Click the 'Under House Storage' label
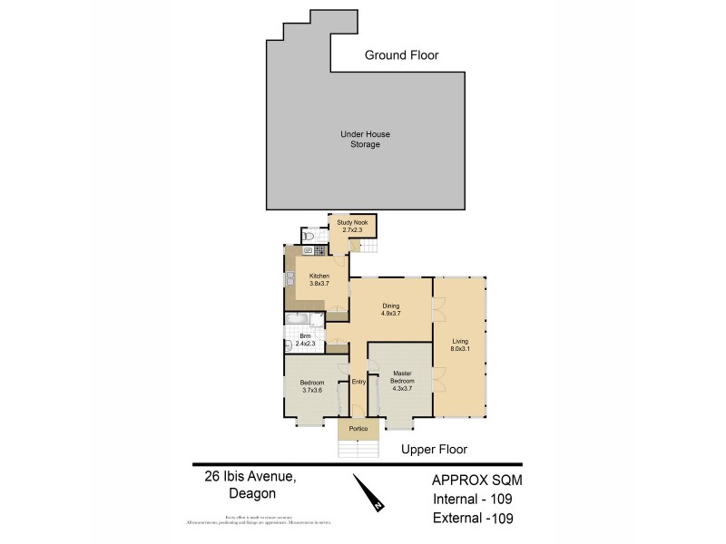pyautogui.click(x=359, y=140)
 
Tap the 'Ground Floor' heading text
pyautogui.click(x=401, y=55)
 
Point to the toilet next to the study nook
pyautogui.click(x=309, y=235)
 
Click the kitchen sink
pyautogui.click(x=289, y=280)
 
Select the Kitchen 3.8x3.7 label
pyautogui.click(x=319, y=279)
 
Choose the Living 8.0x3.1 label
pyautogui.click(x=460, y=344)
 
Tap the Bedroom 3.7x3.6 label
pyautogui.click(x=311, y=386)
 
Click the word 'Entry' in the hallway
pyautogui.click(x=358, y=382)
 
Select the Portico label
pyautogui.click(x=358, y=428)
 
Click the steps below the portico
pyautogui.click(x=358, y=448)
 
